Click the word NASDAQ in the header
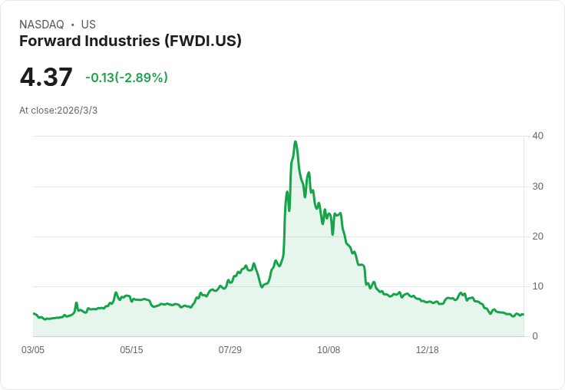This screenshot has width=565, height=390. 41,25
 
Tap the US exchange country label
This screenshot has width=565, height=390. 88,25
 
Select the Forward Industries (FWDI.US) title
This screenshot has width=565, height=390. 131,41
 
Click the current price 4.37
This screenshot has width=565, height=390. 46,77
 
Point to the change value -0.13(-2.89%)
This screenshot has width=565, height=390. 127,78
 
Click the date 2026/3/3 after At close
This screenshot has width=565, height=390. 78,111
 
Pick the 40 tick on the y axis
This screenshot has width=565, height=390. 537,136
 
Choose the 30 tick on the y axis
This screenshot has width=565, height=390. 537,187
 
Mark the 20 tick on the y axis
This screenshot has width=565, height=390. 537,236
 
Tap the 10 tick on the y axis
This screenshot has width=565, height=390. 537,286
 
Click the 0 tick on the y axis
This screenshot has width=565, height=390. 535,336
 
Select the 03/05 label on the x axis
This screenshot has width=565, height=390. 33,350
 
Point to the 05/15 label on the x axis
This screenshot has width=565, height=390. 131,350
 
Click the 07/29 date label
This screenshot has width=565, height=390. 230,350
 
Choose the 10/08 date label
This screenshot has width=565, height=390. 329,350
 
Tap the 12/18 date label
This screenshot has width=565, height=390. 428,350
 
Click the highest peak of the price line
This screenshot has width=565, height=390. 296,142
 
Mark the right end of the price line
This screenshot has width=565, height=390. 523,314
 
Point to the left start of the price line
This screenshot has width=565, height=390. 34,313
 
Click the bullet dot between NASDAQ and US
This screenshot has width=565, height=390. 73,25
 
